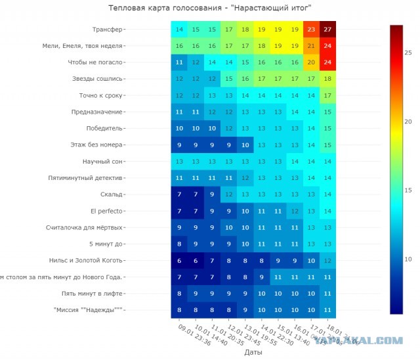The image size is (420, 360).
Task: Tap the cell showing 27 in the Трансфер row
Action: [x=327, y=29]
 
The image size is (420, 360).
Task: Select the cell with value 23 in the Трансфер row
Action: [x=311, y=29]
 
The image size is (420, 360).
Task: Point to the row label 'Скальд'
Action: [x=110, y=194]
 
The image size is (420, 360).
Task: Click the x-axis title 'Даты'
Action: [x=253, y=353]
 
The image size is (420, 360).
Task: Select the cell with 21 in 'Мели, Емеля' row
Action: [x=311, y=45]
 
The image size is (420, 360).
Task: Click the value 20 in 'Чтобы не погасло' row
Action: [x=311, y=62]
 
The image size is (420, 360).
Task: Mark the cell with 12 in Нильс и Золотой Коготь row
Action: [x=327, y=261]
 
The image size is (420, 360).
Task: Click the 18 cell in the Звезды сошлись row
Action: [x=327, y=79]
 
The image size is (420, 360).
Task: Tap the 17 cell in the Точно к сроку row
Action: [x=327, y=95]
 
